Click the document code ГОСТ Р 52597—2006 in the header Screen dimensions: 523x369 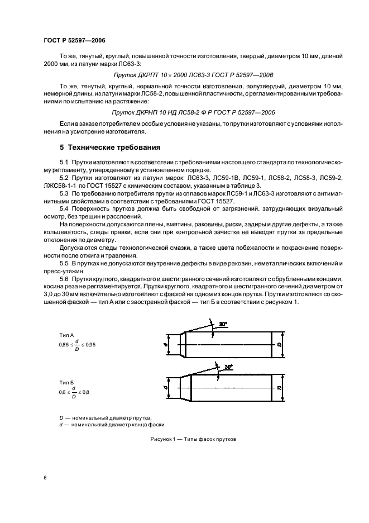(74, 41)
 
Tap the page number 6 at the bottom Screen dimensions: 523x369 (45, 478)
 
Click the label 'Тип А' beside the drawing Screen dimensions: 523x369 (66, 334)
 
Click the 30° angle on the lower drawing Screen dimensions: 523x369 (228, 367)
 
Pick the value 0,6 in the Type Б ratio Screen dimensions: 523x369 (62, 393)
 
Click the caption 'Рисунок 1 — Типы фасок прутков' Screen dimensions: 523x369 (193, 439)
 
